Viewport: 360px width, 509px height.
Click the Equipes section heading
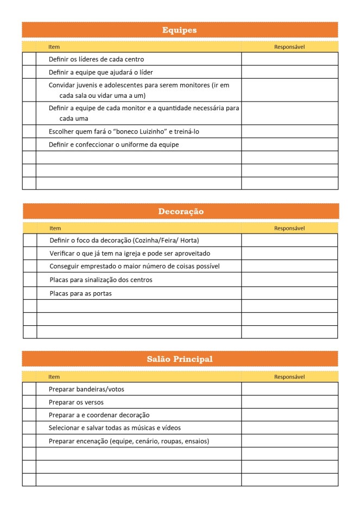click(179, 30)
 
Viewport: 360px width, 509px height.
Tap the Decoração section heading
click(181, 211)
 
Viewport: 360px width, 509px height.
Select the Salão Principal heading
click(180, 359)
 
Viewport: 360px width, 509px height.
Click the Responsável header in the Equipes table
click(289, 47)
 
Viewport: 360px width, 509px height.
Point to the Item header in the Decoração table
click(55, 229)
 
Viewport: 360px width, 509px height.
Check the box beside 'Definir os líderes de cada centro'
click(29, 59)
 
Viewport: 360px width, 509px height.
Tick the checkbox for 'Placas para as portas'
click(30, 293)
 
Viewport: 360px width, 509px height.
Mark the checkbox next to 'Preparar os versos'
click(29, 403)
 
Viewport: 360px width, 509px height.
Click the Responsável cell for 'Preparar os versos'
click(289, 403)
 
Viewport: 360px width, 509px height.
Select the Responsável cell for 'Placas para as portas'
click(289, 293)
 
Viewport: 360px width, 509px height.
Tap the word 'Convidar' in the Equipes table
click(62, 85)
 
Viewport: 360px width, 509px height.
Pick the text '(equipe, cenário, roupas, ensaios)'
click(160, 441)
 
